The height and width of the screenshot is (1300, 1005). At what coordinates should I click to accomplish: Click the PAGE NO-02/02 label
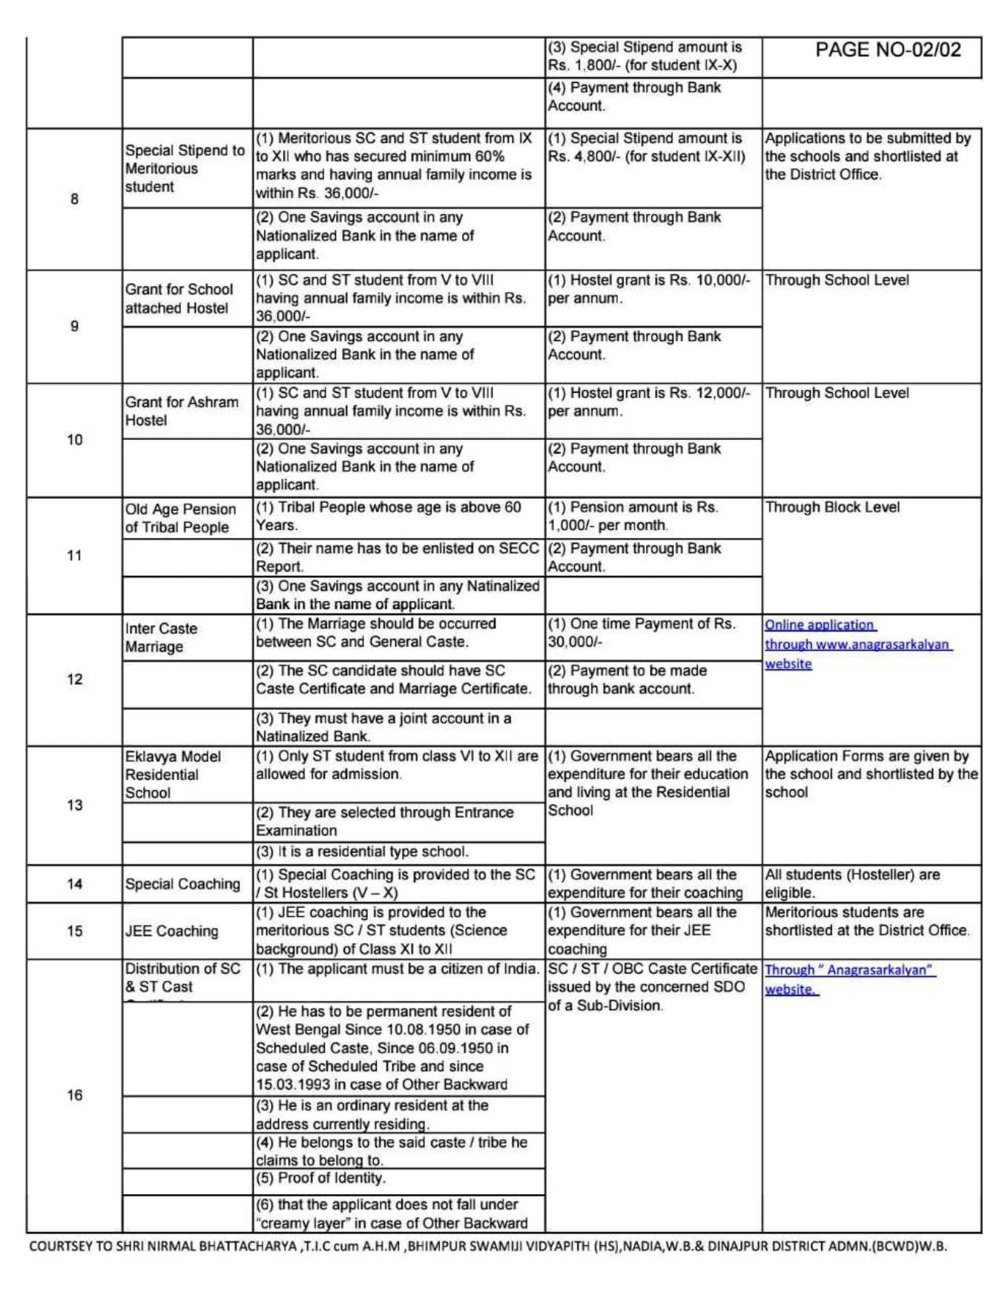point(888,50)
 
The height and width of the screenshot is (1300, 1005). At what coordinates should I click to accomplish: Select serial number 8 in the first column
point(74,199)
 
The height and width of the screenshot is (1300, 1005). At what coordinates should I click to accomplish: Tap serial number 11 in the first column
point(74,555)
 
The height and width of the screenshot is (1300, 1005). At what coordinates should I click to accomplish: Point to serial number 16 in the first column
point(74,1095)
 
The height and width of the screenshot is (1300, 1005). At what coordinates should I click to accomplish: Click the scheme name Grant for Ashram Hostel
point(181,411)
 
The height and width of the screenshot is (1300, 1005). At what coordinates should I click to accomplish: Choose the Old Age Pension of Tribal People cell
point(180,517)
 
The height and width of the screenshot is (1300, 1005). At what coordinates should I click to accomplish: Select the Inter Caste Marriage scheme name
point(161,637)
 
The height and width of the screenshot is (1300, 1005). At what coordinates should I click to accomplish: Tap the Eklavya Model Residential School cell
point(172,774)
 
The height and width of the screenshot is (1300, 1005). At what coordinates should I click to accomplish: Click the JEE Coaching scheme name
point(171,931)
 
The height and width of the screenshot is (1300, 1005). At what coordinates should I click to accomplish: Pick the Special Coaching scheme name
point(182,883)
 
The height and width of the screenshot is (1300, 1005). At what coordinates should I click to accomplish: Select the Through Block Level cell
point(832,508)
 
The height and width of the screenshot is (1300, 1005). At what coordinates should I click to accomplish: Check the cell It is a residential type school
point(372,852)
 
